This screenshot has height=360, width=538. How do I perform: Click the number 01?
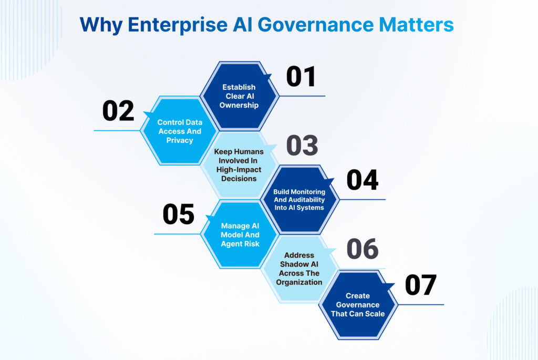click(301, 77)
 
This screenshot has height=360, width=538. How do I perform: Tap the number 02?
click(118, 111)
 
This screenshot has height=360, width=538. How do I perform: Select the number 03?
click(302, 145)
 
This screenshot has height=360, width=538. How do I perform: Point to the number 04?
click(363, 180)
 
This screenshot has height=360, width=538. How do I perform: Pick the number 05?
click(179, 214)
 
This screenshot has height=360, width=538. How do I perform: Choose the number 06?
click(363, 249)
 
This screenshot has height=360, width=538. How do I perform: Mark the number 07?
click(421, 285)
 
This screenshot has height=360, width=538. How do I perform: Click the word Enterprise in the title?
click(178, 25)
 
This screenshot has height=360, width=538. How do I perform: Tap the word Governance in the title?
click(316, 25)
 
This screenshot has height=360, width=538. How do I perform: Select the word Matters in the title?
click(416, 25)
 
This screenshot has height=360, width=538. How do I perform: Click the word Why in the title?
click(101, 25)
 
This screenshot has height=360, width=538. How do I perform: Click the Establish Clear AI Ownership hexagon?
click(239, 96)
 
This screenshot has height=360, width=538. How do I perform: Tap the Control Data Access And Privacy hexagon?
click(180, 131)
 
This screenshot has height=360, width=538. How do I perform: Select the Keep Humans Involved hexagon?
click(239, 165)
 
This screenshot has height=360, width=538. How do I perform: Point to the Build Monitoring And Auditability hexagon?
click(299, 200)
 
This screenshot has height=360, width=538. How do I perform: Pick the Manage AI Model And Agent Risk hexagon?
click(240, 234)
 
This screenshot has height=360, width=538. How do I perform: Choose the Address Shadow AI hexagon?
click(299, 269)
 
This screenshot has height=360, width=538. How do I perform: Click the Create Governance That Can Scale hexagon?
click(358, 305)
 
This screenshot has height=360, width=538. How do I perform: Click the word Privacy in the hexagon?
click(180, 140)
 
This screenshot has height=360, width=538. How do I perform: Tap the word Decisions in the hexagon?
click(239, 179)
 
